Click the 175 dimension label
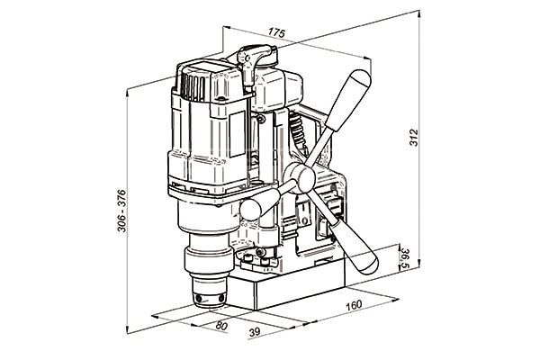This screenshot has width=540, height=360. (x=277, y=33)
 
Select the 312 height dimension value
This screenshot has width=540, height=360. (x=414, y=138)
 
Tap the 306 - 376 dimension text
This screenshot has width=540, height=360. (x=121, y=211)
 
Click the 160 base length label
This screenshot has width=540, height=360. (x=354, y=305)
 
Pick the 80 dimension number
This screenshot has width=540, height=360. (x=221, y=325)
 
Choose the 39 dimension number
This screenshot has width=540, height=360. (x=255, y=332)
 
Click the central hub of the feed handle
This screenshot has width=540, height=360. (x=301, y=177)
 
